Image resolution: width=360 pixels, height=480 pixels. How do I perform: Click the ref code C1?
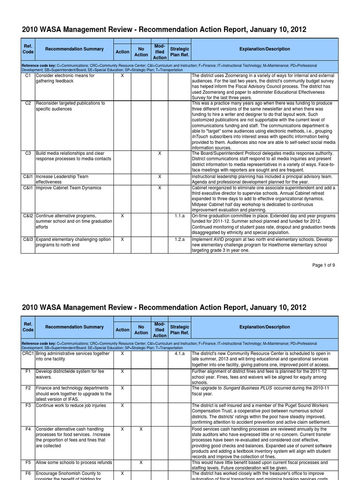tap(28, 75)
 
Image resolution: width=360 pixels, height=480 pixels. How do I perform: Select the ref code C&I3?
tap(28, 240)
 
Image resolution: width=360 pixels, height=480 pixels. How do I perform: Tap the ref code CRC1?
tap(28, 354)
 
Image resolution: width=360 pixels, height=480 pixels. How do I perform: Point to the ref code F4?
tap(28, 428)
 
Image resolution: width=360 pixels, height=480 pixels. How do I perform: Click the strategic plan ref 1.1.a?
tap(179, 216)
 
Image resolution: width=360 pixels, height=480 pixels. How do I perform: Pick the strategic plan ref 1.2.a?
tap(179, 240)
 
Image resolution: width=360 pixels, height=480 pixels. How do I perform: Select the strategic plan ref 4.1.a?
tap(179, 354)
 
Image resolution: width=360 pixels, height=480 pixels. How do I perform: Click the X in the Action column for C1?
tap(122, 75)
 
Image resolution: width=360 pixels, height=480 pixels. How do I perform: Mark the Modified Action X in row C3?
tap(159, 153)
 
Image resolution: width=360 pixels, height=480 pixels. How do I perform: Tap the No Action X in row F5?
tap(141, 462)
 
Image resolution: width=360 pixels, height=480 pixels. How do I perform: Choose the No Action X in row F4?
tap(141, 428)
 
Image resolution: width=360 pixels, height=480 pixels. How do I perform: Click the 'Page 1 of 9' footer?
tap(323, 265)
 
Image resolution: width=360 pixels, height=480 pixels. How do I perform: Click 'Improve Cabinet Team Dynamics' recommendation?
tap(68, 188)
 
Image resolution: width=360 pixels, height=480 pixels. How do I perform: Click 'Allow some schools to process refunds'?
tap(74, 462)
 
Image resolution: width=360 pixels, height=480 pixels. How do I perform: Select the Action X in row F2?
tap(122, 388)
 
